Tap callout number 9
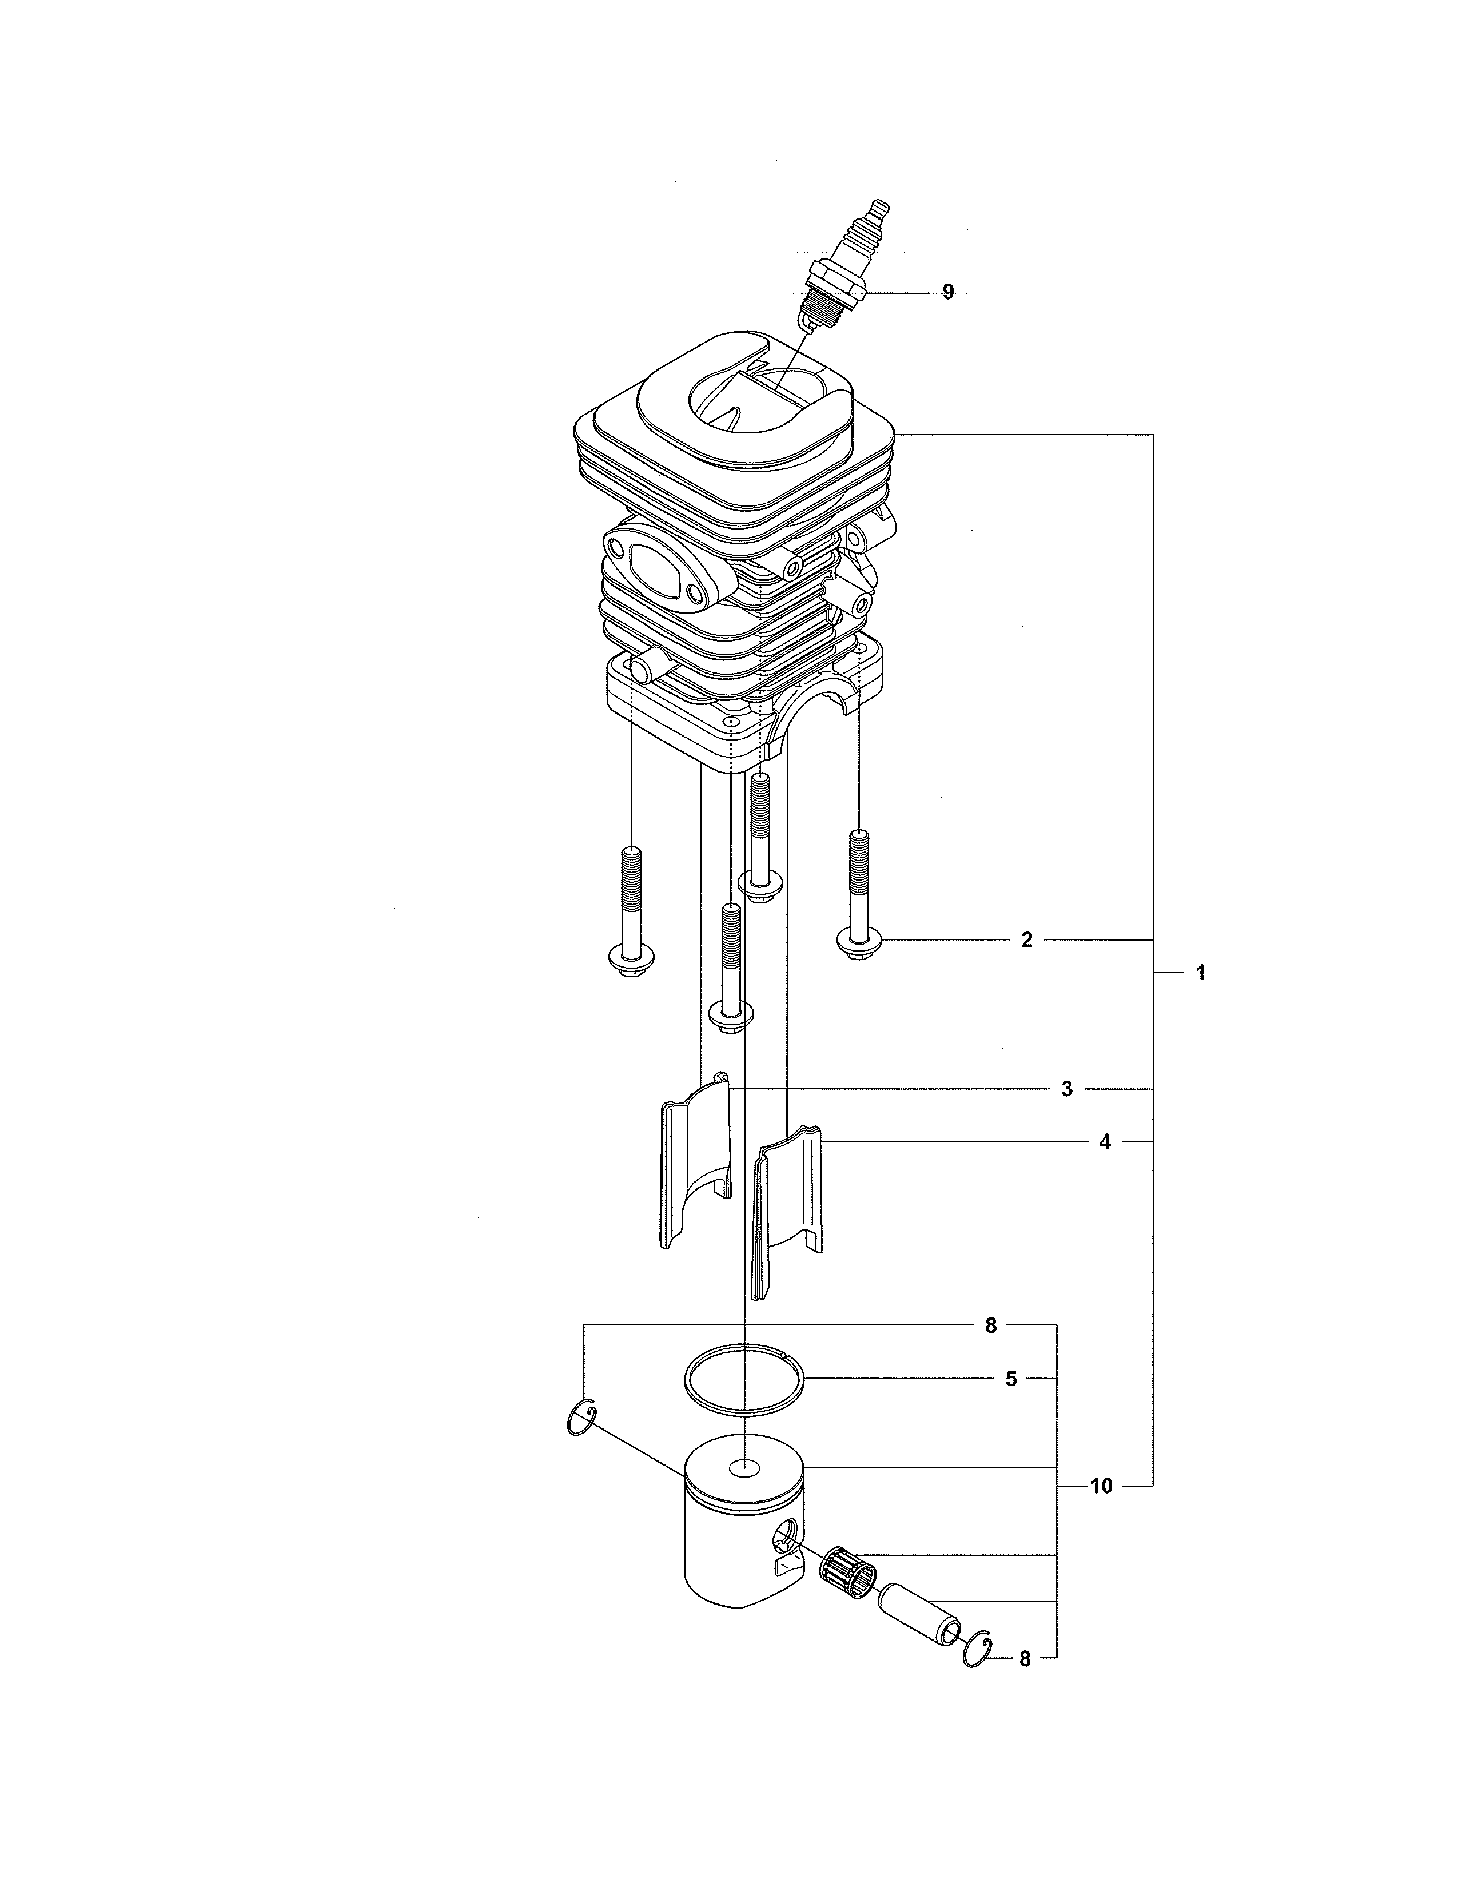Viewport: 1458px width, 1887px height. (947, 293)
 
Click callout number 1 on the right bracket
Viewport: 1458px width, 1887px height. (1200, 973)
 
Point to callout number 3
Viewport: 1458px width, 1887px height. (1067, 1089)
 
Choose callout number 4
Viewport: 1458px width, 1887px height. (1104, 1142)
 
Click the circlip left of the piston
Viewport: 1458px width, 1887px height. (582, 1420)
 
